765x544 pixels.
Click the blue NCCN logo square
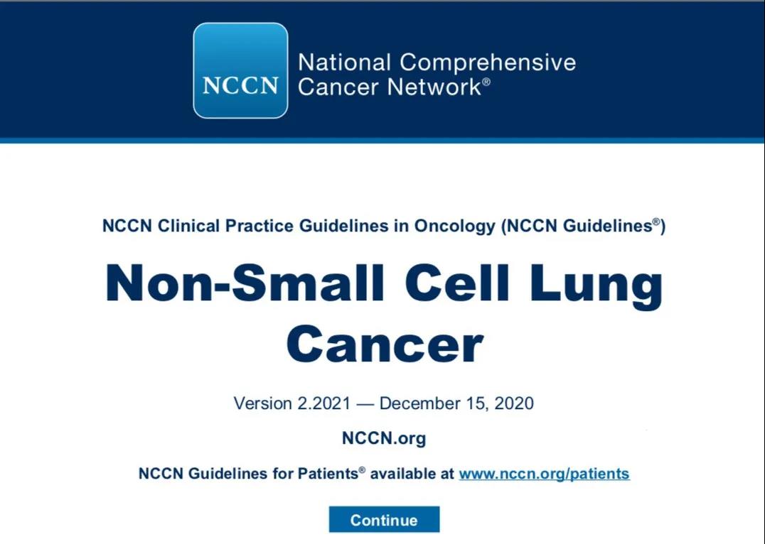click(x=240, y=71)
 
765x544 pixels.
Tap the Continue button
click(x=384, y=520)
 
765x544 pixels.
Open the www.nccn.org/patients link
click(x=544, y=474)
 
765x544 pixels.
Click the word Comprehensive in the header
click(x=488, y=63)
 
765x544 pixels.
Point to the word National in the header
click(x=344, y=63)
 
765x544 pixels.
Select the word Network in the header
click(x=434, y=87)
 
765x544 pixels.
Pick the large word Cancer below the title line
click(x=385, y=344)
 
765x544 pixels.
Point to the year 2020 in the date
click(x=514, y=403)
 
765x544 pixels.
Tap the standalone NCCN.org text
click(x=384, y=438)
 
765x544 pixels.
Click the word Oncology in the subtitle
click(x=455, y=226)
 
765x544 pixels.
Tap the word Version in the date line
click(x=263, y=403)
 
